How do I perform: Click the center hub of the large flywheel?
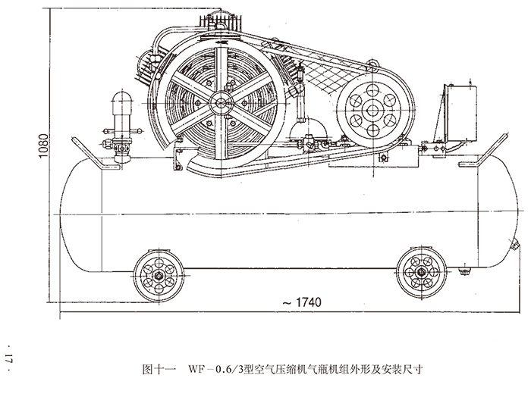221,101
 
